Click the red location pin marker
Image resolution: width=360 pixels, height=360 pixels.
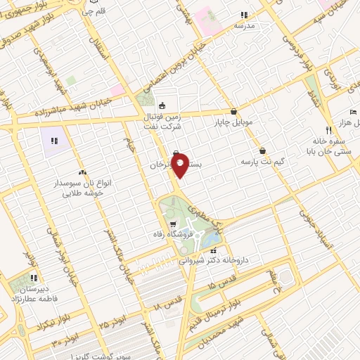(180, 164)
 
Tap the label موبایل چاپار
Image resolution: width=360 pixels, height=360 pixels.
(233, 122)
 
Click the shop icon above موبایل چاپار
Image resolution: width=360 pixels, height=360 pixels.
(233, 111)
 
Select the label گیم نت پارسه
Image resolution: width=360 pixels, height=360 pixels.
(262, 161)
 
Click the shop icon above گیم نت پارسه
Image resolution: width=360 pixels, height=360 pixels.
(262, 150)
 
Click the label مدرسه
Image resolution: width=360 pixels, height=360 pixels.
(243, 25)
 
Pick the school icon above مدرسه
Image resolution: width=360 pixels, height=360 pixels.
(243, 15)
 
